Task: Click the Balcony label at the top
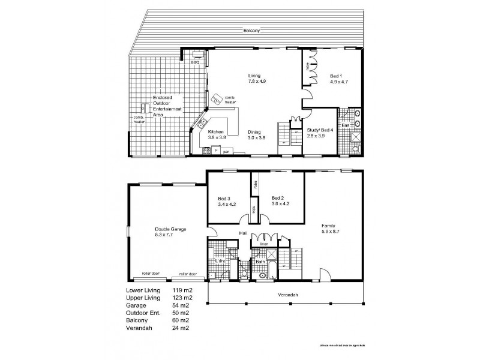click(x=251, y=31)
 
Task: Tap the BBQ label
click(x=195, y=62)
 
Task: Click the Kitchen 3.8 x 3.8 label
click(x=216, y=135)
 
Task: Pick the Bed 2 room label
click(x=280, y=201)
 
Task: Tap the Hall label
click(x=244, y=233)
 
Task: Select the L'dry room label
click(x=220, y=262)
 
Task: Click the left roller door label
click(x=149, y=274)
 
